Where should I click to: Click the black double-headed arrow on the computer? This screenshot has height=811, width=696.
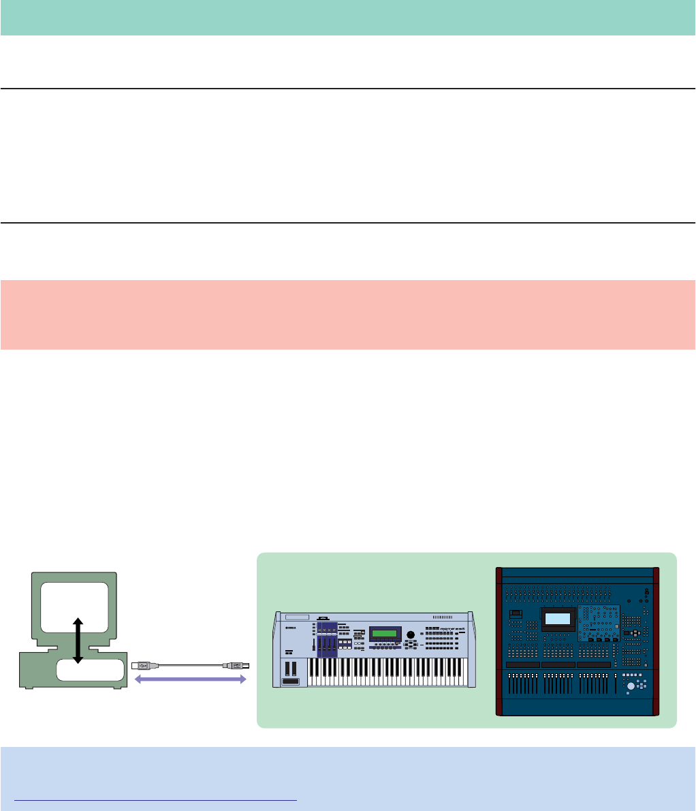(78, 640)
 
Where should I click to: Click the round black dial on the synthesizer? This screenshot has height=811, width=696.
(411, 636)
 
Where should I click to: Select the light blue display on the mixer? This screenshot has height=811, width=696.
(557, 618)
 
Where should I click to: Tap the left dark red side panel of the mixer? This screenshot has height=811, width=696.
(499, 641)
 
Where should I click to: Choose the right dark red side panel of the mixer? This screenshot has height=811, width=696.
(656, 641)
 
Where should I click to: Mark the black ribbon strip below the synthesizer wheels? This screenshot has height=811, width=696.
(289, 681)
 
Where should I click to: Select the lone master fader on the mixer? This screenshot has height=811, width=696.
(615, 684)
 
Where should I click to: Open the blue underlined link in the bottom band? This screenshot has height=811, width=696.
(155, 799)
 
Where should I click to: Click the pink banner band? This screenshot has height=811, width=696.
(348, 314)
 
